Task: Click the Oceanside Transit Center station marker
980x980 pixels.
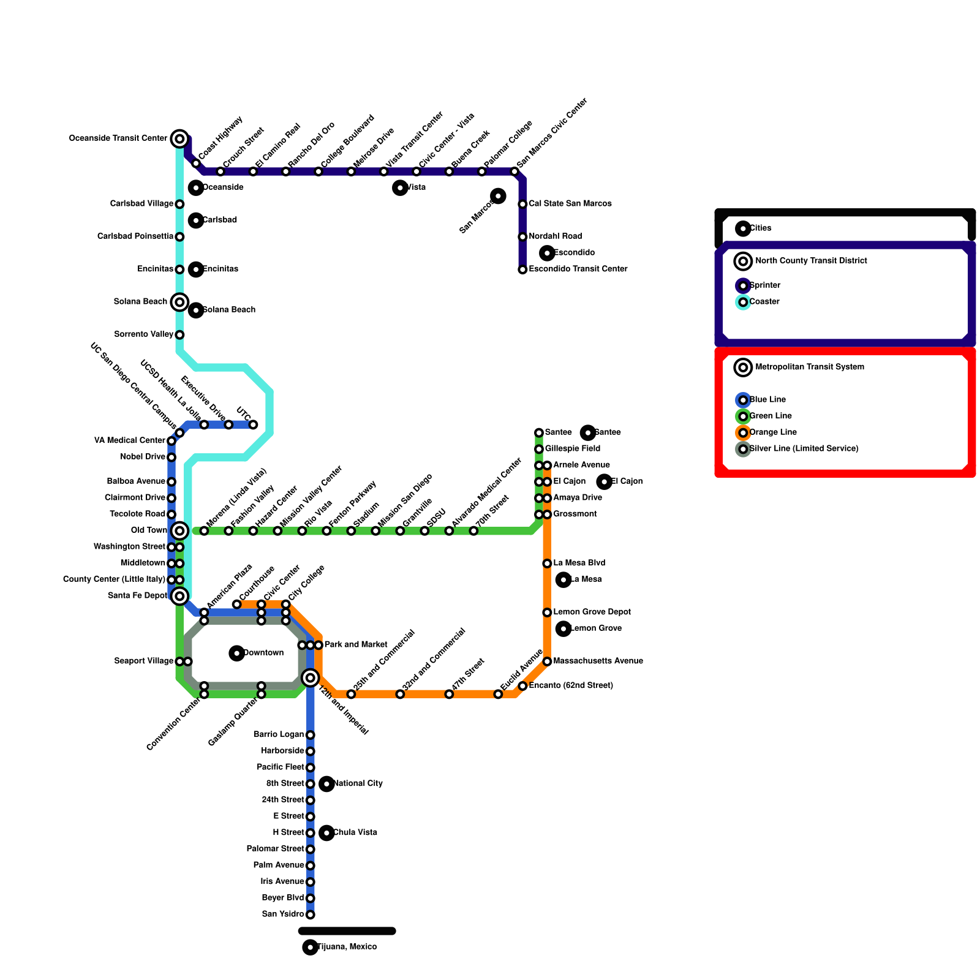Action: click(179, 139)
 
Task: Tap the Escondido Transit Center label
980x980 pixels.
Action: click(578, 269)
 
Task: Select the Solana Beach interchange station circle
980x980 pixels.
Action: click(179, 302)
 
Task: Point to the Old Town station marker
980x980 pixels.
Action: click(179, 530)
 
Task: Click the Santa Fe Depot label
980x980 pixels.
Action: click(137, 596)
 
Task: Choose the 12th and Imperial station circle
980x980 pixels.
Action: click(311, 677)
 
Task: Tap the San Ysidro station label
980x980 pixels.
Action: click(283, 914)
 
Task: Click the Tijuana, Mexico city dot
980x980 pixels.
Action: click(311, 947)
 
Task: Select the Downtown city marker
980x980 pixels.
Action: click(237, 653)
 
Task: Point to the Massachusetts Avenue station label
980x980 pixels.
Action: click(598, 661)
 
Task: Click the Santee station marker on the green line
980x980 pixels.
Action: click(539, 433)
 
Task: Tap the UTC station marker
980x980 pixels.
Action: click(253, 424)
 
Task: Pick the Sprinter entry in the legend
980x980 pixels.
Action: click(764, 285)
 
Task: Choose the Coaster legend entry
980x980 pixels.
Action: click(764, 302)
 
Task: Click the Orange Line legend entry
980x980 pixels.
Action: click(772, 432)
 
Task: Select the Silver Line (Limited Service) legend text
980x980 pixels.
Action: click(804, 449)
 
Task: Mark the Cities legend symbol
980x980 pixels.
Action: click(743, 228)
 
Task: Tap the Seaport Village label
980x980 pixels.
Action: click(144, 661)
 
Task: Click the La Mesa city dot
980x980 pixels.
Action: click(563, 579)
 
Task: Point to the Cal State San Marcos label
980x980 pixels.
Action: click(570, 203)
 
